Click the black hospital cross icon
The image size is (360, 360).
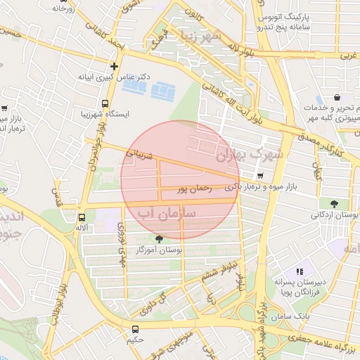pyautogui.click(x=114, y=66)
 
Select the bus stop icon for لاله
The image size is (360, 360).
pyautogui.click(x=83, y=217)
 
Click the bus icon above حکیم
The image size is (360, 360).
pyautogui.click(x=135, y=328)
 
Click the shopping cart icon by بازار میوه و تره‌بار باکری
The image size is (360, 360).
pyautogui.click(x=262, y=176)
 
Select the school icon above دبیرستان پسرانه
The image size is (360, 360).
pyautogui.click(x=299, y=271)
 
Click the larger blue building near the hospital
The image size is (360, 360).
pyautogui.click(x=165, y=90)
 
